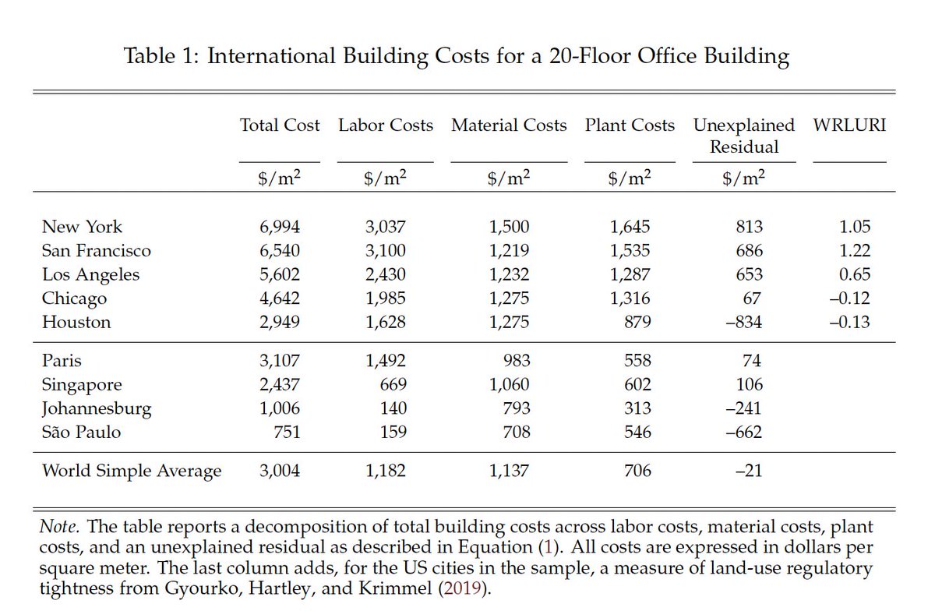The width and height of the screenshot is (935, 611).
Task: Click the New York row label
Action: pyautogui.click(x=82, y=227)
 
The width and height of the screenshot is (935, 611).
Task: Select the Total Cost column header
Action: pyautogui.click(x=280, y=125)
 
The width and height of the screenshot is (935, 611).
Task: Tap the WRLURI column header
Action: pyautogui.click(x=849, y=125)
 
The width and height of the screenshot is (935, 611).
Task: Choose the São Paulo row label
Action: pyautogui.click(x=81, y=432)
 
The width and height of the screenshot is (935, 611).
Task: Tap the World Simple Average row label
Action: pyautogui.click(x=132, y=471)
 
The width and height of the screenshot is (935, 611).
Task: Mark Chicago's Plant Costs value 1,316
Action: pyautogui.click(x=630, y=298)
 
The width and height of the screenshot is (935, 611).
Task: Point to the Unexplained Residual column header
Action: pyautogui.click(x=744, y=136)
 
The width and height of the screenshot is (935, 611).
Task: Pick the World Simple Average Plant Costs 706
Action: pyautogui.click(x=637, y=471)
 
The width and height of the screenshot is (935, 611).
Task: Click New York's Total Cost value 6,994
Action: pyautogui.click(x=280, y=227)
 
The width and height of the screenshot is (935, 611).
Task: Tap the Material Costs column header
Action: pyautogui.click(x=509, y=125)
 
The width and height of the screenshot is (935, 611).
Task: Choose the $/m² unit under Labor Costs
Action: pyautogui.click(x=386, y=178)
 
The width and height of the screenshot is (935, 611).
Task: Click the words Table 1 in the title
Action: pyautogui.click(x=159, y=57)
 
